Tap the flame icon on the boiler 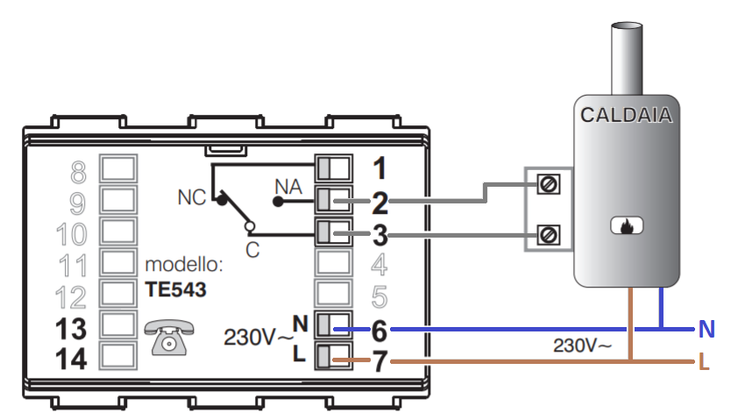point(626,226)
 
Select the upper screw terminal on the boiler point(549,184)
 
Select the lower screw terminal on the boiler point(549,234)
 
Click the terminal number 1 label point(379,167)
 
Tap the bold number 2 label point(380,203)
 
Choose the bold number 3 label point(380,236)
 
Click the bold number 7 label point(380,361)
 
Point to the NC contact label point(190,197)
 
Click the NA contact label point(288,185)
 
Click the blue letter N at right point(706,331)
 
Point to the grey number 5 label point(380,297)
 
